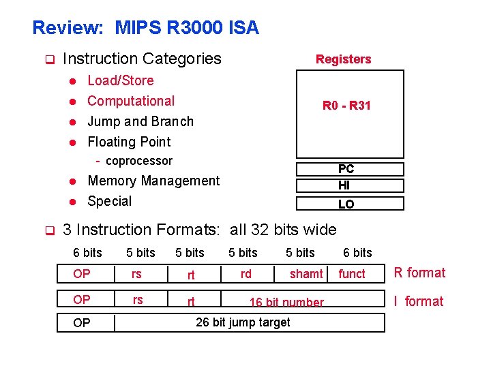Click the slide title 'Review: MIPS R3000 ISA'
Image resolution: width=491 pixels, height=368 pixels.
145,28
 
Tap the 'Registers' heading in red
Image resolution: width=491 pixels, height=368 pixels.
343,59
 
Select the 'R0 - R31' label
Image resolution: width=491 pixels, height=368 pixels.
346,106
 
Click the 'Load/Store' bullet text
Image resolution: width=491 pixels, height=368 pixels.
121,80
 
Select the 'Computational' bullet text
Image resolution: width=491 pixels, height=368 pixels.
131,101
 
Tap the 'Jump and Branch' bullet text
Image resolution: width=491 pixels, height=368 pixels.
140,121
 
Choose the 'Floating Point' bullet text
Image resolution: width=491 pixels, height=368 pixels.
129,142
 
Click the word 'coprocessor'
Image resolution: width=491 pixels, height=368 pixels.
139,161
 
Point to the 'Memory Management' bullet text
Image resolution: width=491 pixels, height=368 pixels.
153,181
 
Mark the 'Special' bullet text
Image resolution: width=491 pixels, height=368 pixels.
110,201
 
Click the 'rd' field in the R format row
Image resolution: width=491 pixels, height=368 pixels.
245,273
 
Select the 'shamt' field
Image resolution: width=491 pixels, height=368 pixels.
306,274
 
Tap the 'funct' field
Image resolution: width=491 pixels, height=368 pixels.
352,274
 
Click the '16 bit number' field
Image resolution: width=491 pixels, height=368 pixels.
286,302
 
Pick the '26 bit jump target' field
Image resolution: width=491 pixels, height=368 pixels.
243,322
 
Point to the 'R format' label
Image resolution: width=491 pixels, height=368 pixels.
419,273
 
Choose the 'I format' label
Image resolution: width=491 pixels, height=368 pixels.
419,301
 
